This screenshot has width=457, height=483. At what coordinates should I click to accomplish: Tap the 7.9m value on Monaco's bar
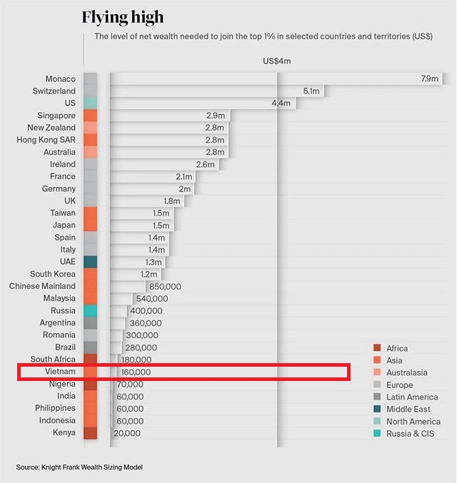(430, 79)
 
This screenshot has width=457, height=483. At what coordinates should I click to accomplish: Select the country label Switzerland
(54, 91)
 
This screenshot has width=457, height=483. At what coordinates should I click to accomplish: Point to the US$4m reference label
(277, 61)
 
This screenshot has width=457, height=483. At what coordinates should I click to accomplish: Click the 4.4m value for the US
(281, 103)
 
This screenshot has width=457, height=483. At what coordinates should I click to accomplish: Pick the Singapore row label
(56, 116)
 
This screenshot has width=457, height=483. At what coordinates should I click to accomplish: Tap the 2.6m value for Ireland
(206, 164)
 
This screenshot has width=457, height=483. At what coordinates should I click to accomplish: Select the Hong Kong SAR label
(46, 140)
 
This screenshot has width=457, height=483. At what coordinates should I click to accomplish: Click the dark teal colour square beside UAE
(90, 262)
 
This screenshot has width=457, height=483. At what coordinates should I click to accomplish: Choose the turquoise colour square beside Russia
(90, 310)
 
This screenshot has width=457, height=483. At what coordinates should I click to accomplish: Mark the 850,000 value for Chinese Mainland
(164, 286)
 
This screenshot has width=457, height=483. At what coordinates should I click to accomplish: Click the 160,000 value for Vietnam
(136, 372)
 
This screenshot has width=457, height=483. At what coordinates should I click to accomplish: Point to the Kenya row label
(64, 432)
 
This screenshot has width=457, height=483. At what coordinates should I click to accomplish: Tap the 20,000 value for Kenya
(127, 433)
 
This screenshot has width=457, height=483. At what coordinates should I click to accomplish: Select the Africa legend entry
(397, 348)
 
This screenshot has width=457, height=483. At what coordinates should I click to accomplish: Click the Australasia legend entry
(406, 372)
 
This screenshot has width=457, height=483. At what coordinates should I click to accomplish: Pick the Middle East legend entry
(408, 409)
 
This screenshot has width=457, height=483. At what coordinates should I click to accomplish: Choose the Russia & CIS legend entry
(410, 433)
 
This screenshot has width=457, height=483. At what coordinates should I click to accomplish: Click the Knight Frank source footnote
(79, 467)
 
